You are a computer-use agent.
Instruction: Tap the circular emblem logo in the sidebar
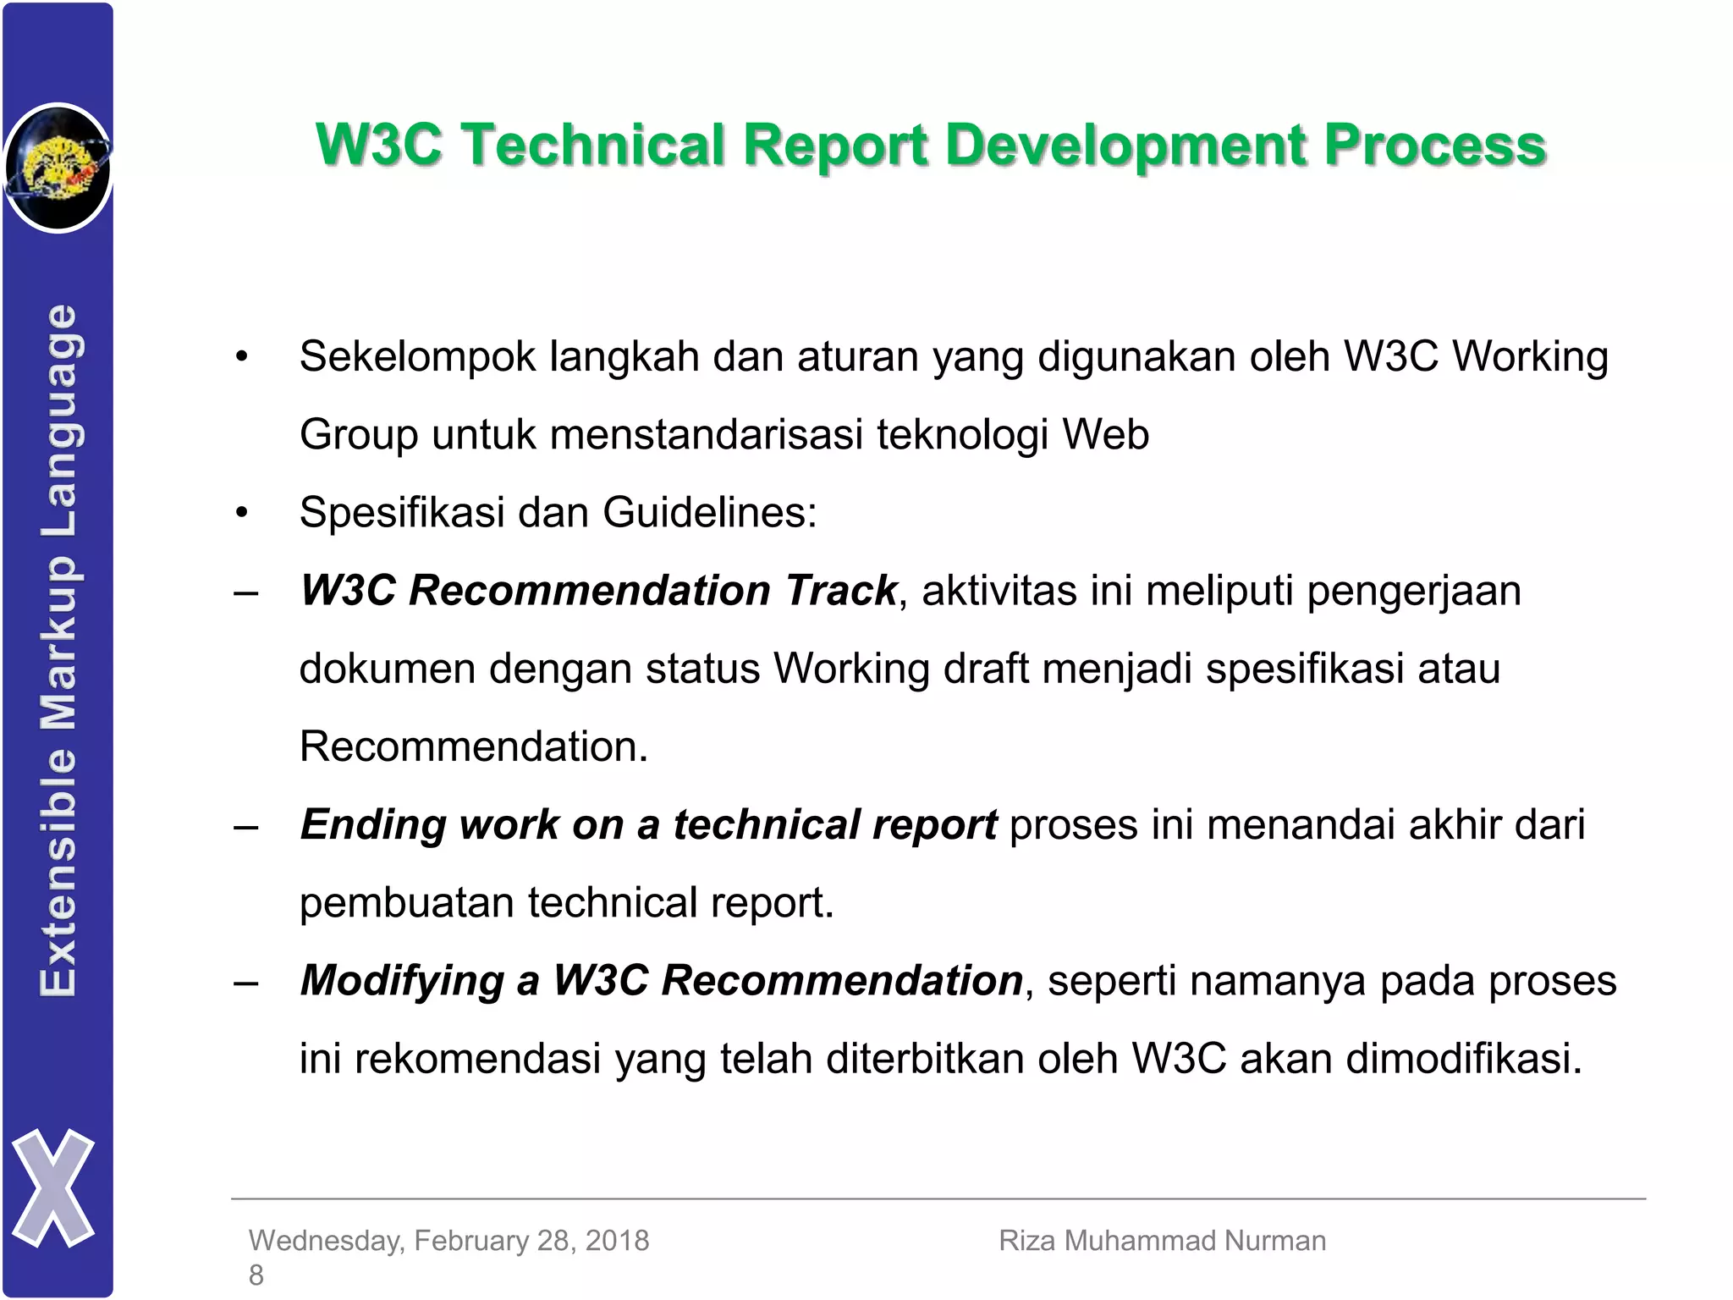pyautogui.click(x=58, y=168)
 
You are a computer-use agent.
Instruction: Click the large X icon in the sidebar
pyautogui.click(x=53, y=1187)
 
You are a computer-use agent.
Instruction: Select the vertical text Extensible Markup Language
pyautogui.click(x=59, y=650)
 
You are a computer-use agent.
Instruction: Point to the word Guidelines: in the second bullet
pyautogui.click(x=709, y=513)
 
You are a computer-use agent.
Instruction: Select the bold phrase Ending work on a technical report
pyautogui.click(x=648, y=825)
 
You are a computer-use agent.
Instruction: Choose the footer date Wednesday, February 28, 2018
pyautogui.click(x=448, y=1241)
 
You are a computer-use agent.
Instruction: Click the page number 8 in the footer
pyautogui.click(x=256, y=1275)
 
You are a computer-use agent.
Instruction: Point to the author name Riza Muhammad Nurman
pyautogui.click(x=1162, y=1241)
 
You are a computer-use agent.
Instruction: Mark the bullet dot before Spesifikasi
pyautogui.click(x=242, y=513)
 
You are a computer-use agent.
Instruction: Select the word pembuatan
pyautogui.click(x=406, y=903)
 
